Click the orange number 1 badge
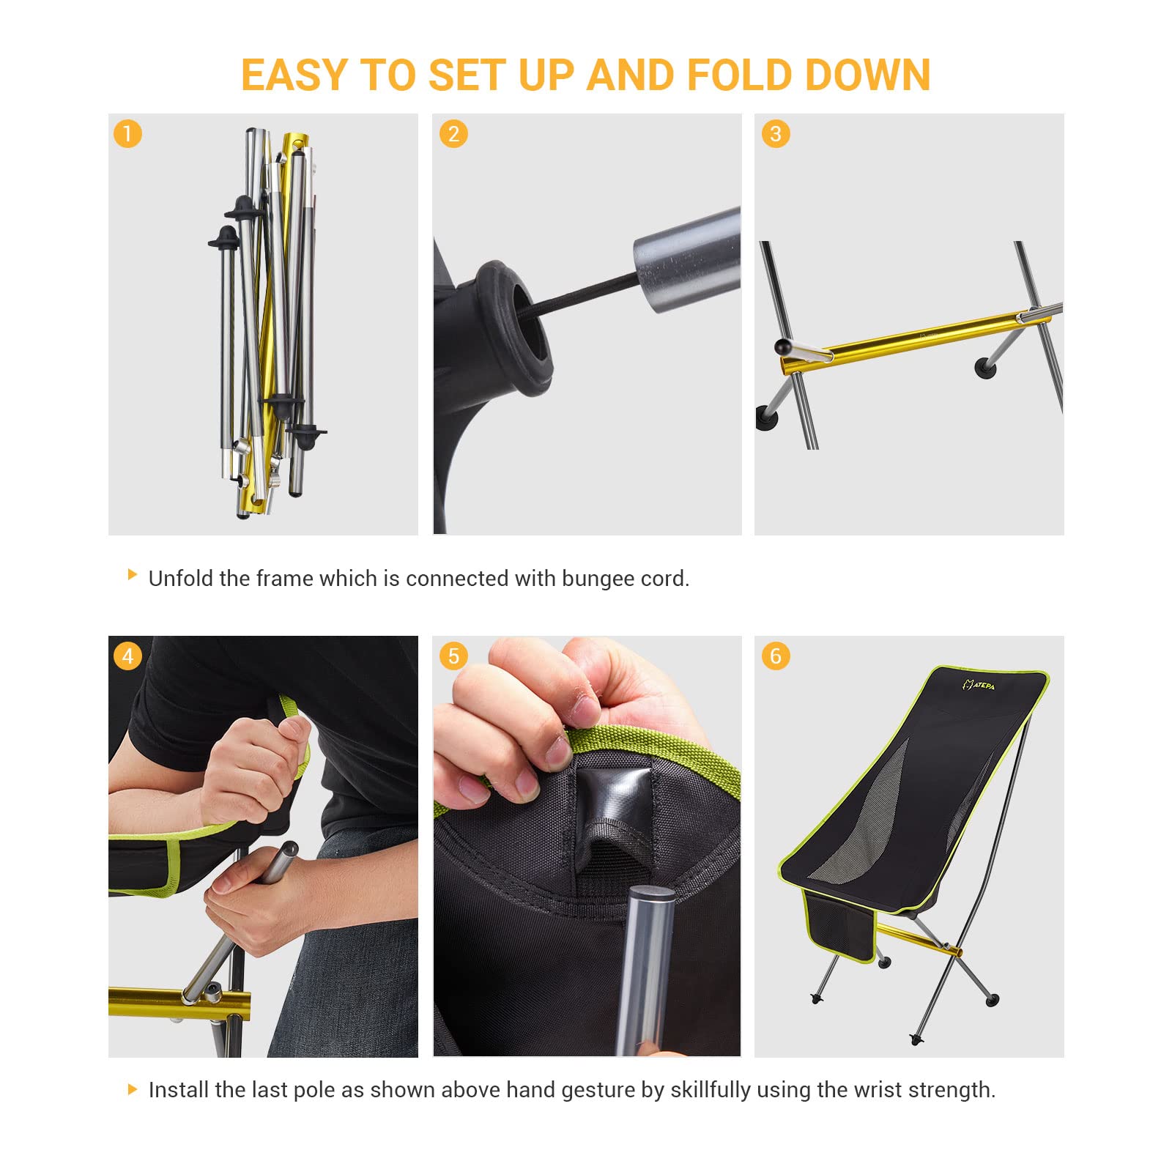(127, 134)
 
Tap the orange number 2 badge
(453, 134)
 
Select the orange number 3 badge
(776, 134)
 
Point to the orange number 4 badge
(127, 656)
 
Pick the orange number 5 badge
(453, 656)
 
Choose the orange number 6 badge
(776, 656)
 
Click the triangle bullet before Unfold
(133, 574)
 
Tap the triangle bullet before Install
(133, 1089)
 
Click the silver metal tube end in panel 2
(685, 260)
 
